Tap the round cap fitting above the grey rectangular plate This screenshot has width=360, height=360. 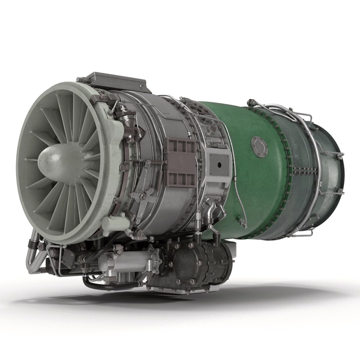pos(211,128)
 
